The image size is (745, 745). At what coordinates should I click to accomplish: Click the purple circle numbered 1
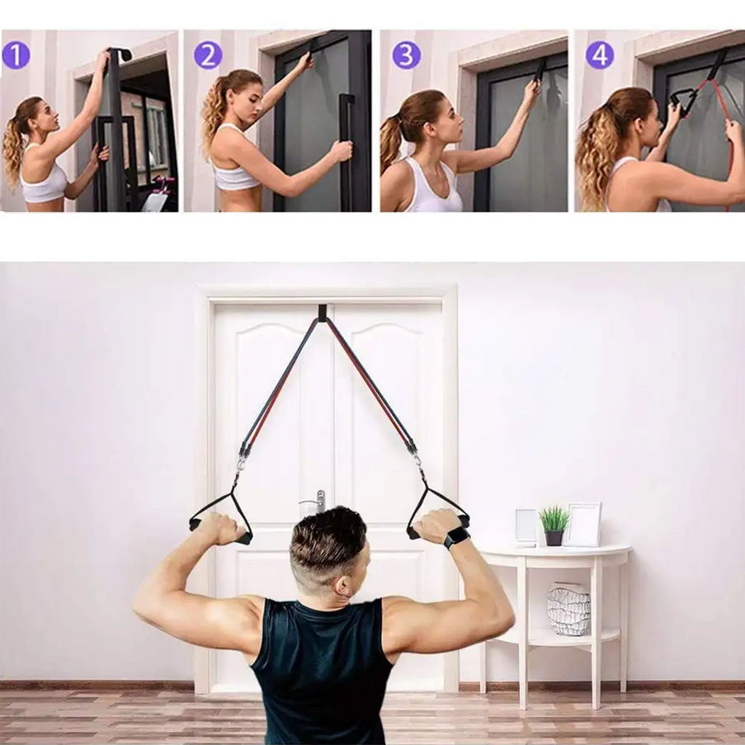17,55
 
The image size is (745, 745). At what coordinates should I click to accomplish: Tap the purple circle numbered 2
208,55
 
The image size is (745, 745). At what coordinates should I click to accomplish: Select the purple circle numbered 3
406,55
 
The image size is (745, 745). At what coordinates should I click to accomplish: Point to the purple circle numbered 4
600,55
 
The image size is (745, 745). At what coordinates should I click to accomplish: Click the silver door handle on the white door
316,502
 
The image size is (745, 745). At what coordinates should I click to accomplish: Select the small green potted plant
554,526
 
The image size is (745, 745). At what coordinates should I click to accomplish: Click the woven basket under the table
568,611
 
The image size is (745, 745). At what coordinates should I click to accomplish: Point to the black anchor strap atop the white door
322,314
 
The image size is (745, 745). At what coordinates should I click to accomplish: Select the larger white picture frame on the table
583,525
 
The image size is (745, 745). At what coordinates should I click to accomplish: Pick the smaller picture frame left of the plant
526,527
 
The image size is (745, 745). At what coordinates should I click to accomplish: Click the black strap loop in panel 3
540,70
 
